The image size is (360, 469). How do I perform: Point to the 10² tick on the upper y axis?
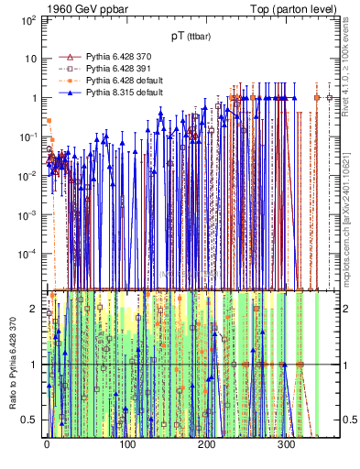pyautogui.click(x=27, y=19)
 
